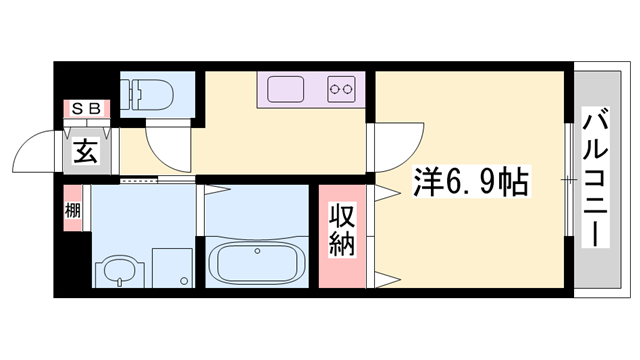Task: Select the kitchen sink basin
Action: (287, 89)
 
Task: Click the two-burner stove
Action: (341, 89)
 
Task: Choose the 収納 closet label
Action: (341, 231)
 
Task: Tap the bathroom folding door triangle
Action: (218, 189)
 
